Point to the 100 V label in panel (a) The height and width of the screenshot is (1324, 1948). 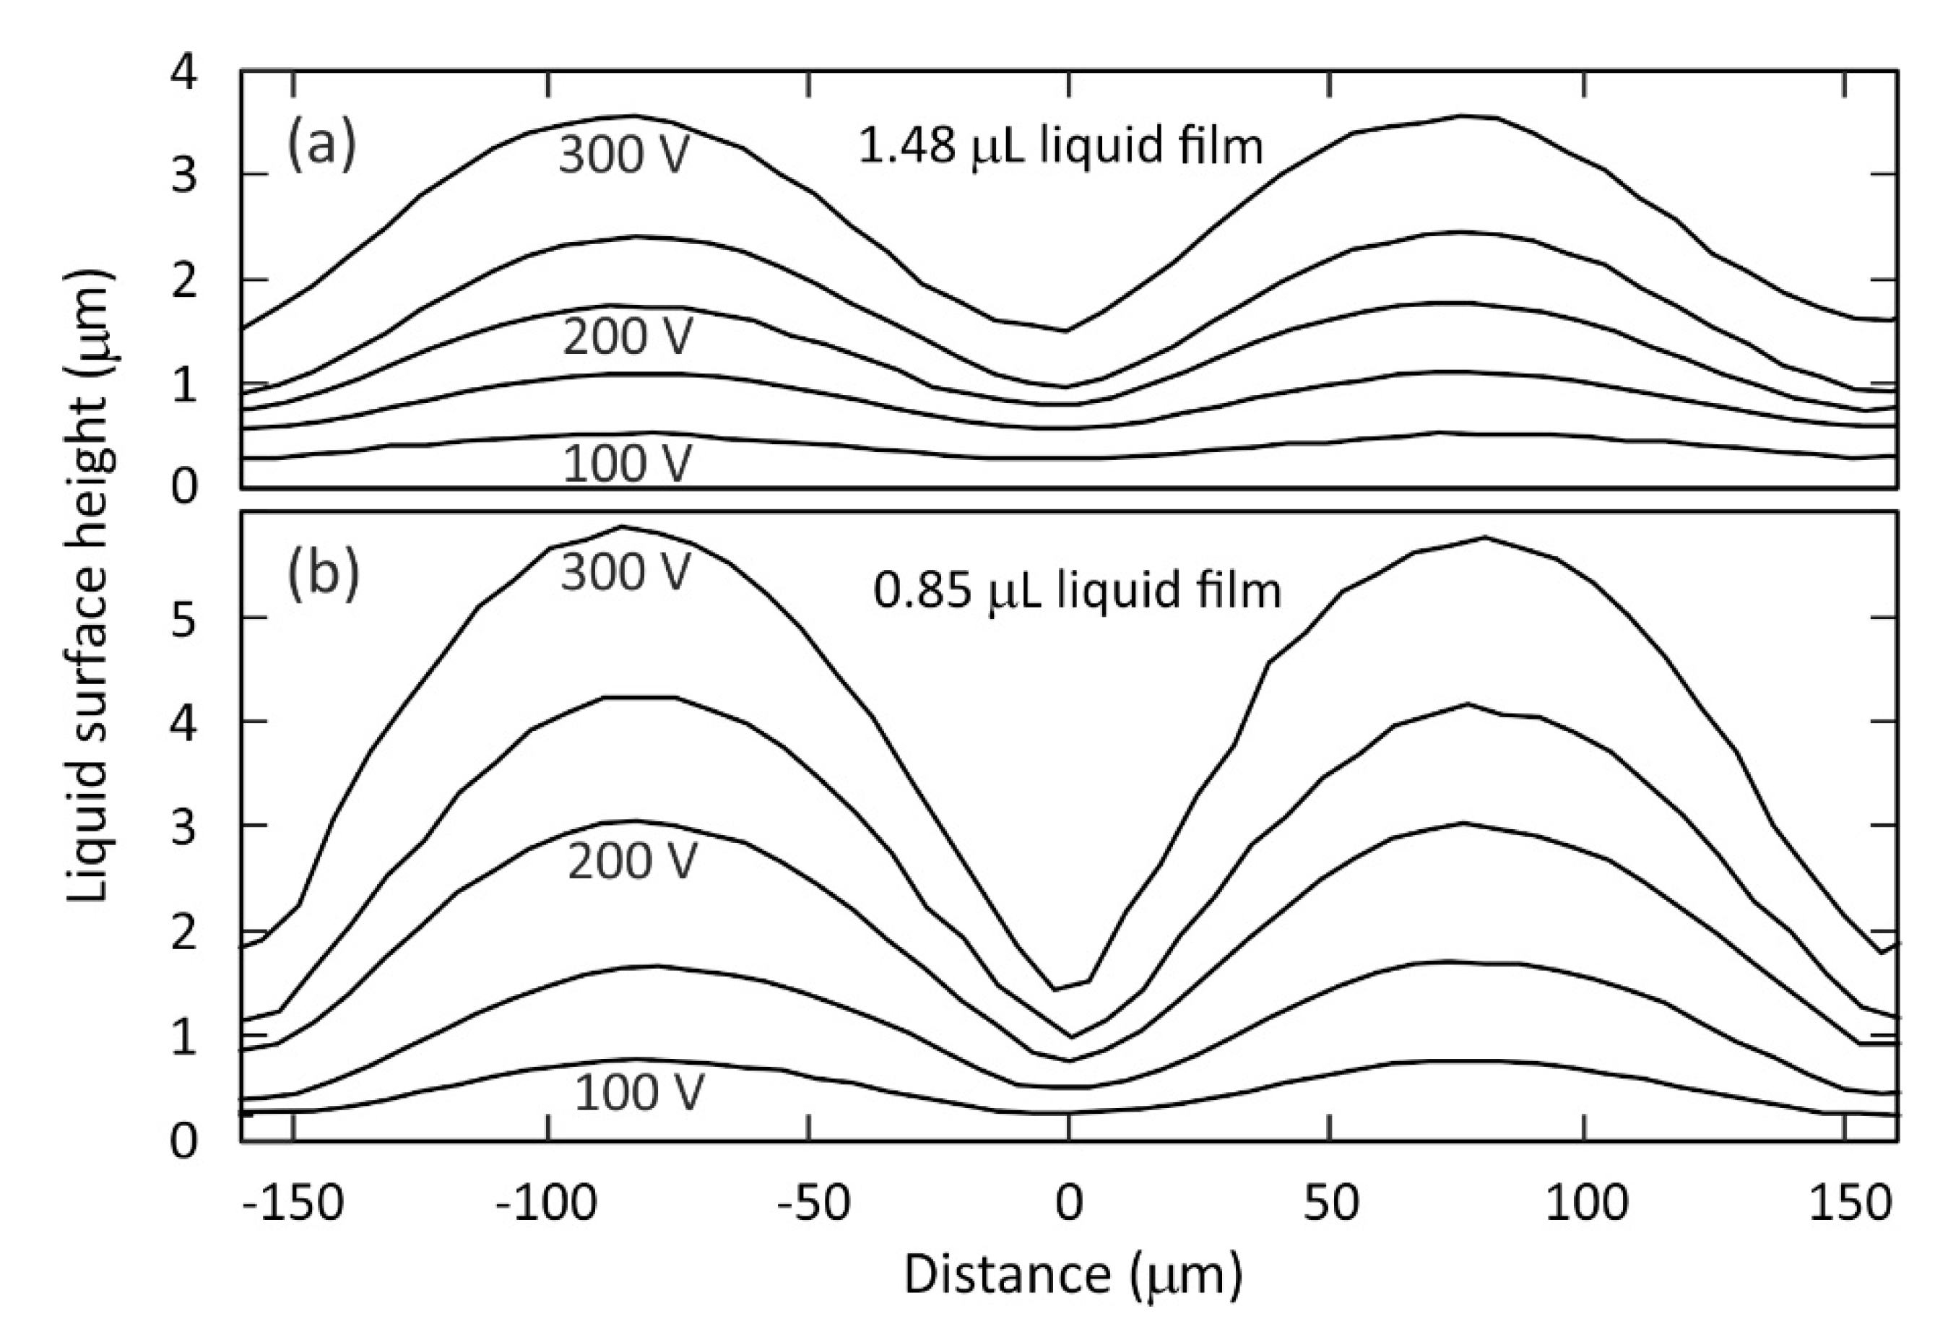point(628,464)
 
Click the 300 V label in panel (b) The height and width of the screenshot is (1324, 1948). point(625,574)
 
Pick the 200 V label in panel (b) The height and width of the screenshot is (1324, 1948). point(632,862)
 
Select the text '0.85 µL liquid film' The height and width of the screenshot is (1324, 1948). point(1077,591)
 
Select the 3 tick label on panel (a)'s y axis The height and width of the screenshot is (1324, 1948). point(184,176)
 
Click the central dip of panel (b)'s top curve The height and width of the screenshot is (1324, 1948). point(1058,990)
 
